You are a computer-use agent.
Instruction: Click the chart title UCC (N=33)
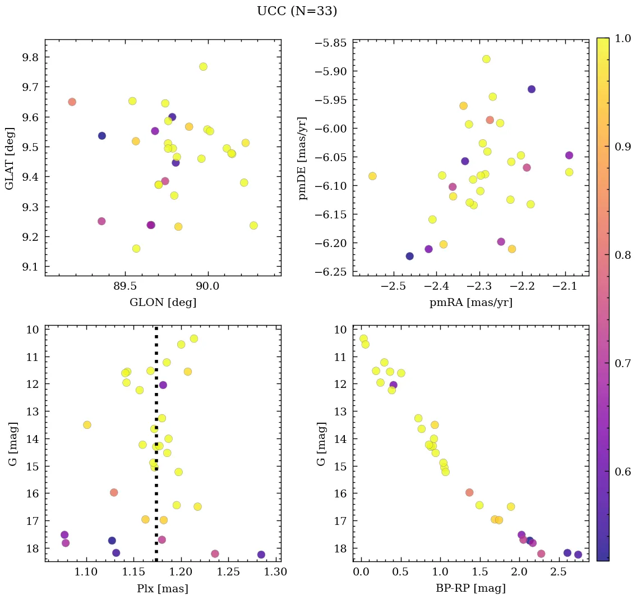click(297, 11)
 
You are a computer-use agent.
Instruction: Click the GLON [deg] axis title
click(163, 303)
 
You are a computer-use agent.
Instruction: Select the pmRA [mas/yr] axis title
click(470, 303)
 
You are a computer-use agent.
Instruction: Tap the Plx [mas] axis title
click(163, 588)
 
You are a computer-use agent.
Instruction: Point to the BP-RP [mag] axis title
click(470, 588)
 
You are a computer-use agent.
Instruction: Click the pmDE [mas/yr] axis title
click(303, 158)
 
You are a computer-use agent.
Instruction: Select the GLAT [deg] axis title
click(10, 158)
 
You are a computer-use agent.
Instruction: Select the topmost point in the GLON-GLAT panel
click(203, 67)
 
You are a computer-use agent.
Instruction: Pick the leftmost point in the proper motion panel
click(372, 176)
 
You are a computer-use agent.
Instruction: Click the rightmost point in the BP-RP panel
click(578, 555)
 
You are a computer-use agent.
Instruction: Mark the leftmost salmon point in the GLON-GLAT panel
click(72, 102)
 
